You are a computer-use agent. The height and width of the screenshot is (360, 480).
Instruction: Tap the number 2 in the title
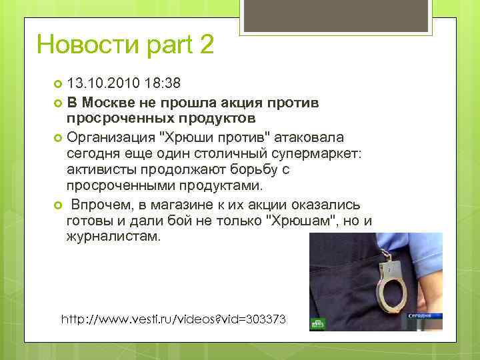(x=205, y=45)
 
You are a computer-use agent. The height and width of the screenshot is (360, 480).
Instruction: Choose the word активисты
(x=103, y=170)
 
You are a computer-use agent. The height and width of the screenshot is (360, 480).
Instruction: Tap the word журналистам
(x=114, y=237)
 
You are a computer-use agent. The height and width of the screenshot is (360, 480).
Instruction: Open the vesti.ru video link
(x=173, y=319)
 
